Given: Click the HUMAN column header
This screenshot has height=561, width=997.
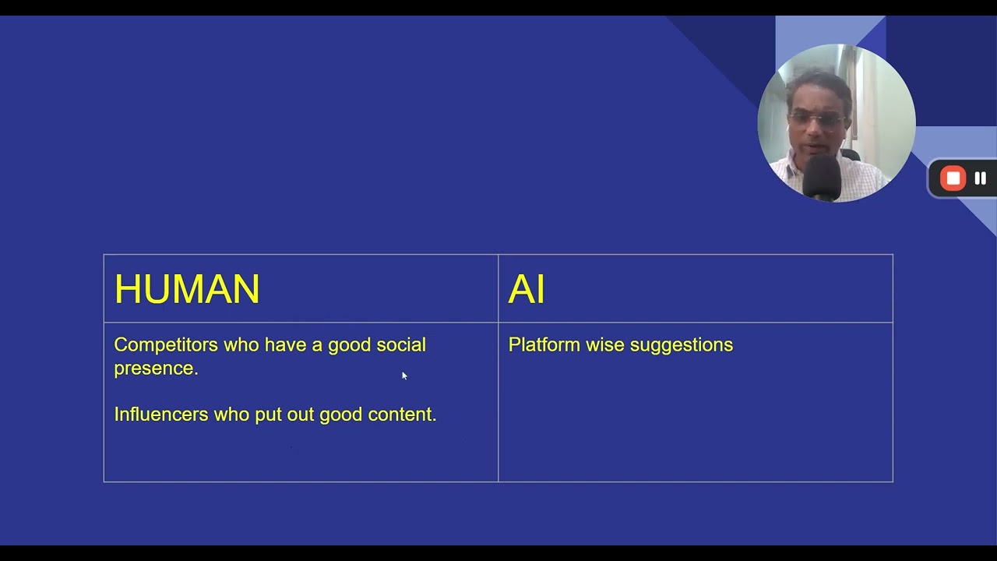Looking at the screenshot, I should point(187,289).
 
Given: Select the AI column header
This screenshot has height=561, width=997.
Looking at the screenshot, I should point(527,289).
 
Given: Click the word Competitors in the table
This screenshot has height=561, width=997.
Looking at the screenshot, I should point(166,345).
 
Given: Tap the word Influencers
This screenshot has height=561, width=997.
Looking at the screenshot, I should point(161,415).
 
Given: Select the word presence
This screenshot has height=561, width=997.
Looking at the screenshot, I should point(156,369).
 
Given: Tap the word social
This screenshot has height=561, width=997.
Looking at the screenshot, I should point(401,345).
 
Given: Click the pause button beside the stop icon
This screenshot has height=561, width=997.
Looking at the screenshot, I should point(980,178).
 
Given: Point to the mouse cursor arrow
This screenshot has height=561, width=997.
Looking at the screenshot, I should point(403,375).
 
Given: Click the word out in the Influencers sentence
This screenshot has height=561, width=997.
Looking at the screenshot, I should point(301,415).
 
